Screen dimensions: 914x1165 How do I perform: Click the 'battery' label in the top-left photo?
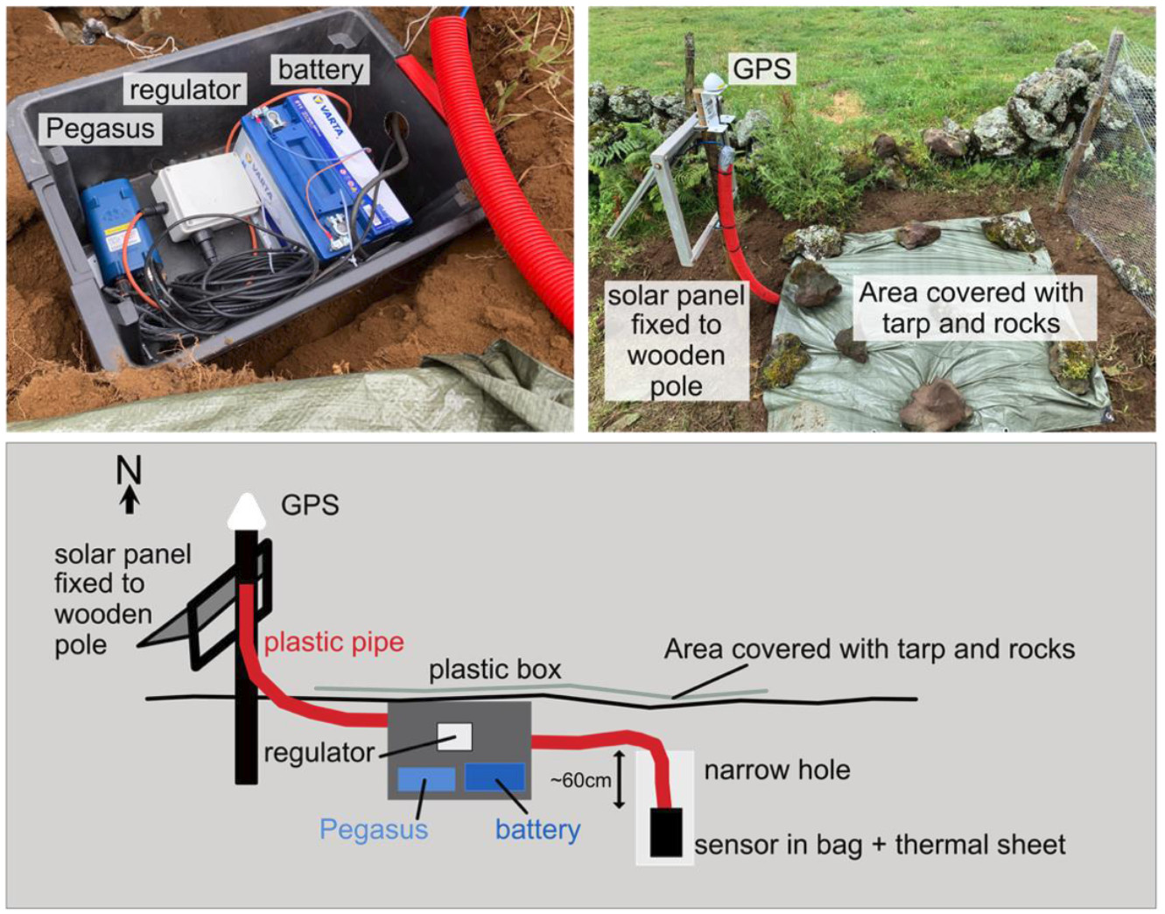click(320, 69)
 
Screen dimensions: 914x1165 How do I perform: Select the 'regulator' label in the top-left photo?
click(185, 89)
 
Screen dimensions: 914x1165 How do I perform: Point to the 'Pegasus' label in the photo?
click(100, 129)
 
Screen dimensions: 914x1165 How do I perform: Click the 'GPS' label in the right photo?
click(761, 68)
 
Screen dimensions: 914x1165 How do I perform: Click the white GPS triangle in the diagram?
click(247, 512)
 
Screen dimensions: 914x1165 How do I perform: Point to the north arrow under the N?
click(130, 500)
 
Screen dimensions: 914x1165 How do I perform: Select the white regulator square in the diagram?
click(454, 736)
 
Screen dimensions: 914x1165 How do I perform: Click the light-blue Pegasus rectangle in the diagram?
click(426, 779)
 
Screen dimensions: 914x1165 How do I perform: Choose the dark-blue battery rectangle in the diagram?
click(495, 777)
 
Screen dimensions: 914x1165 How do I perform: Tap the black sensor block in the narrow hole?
click(666, 832)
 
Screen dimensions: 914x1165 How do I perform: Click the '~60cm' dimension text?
click(580, 780)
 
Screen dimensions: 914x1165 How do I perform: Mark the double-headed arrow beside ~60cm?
click(620, 779)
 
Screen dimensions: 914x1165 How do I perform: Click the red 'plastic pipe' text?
click(333, 642)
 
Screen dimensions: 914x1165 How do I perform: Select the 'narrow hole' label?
click(776, 770)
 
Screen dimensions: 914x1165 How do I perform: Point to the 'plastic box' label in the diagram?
click(495, 670)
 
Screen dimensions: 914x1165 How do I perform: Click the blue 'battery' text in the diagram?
click(537, 829)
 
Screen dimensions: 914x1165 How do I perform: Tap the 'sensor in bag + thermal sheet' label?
click(879, 845)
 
